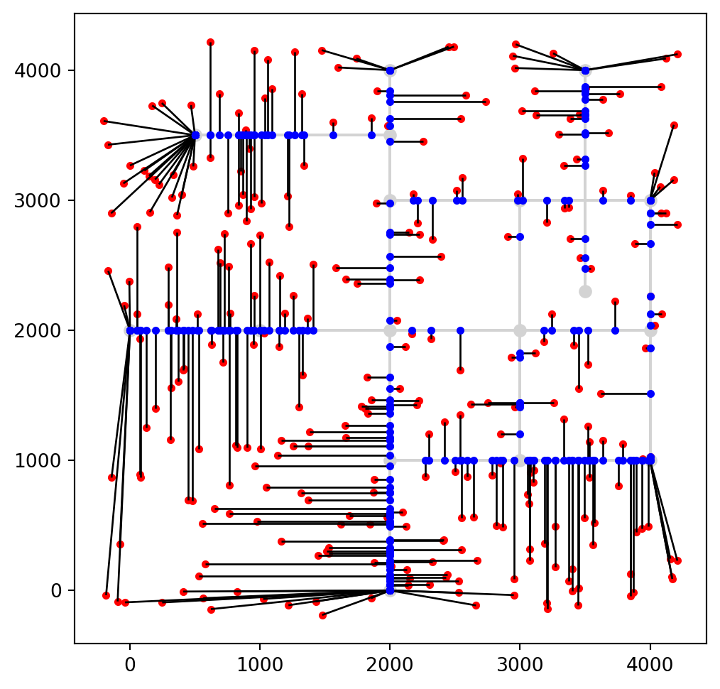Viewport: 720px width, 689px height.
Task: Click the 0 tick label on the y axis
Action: [59, 590]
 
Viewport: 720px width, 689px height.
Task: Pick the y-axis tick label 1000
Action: [46, 460]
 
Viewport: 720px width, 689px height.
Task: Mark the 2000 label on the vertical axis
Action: [46, 330]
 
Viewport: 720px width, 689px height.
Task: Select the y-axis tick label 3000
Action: [46, 200]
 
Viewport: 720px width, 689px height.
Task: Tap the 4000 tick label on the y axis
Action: [46, 70]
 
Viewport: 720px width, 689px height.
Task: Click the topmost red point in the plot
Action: [210, 42]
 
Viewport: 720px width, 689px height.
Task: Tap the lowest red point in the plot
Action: [322, 615]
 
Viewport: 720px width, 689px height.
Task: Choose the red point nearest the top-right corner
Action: [677, 54]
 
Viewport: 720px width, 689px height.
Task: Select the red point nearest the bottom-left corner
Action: [106, 595]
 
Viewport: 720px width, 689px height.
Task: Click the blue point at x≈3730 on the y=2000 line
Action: [615, 330]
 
